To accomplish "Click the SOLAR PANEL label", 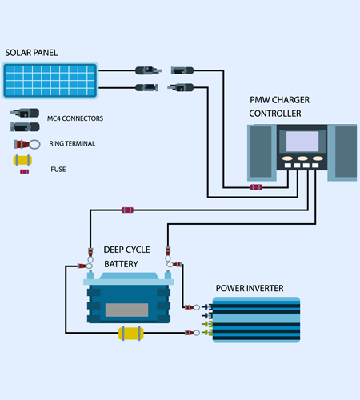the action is point(31,53).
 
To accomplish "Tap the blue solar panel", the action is point(50,80).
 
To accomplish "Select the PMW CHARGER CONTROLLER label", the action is point(279,106).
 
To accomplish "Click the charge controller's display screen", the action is point(302,142).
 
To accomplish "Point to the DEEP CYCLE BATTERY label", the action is point(126,257).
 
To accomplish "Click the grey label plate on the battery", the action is point(126,310).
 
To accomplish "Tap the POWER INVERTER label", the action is point(250,288).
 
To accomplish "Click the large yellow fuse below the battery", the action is point(131,333).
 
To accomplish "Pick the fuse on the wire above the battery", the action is point(127,210).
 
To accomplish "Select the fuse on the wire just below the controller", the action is point(256,187).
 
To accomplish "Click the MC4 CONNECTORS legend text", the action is point(75,118).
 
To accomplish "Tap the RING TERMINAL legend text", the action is point(72,143).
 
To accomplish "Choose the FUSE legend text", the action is point(58,169).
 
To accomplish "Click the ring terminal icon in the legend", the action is point(26,144).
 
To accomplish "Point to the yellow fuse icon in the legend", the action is point(22,160).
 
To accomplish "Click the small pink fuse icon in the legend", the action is point(25,171).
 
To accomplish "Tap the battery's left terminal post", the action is point(90,275).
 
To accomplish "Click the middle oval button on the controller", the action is point(302,158).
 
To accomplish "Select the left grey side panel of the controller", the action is point(261,151).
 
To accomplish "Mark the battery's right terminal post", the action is point(168,275).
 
